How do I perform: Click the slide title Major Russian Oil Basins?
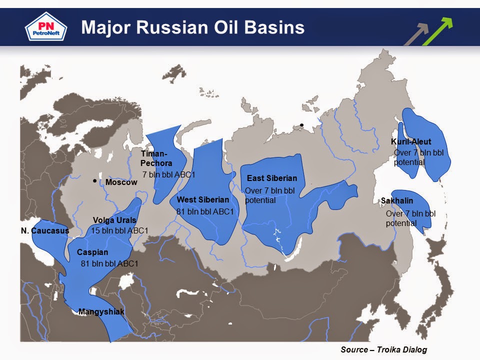[x=192, y=27]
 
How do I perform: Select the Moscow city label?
[x=121, y=182]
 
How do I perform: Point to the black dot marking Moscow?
[x=94, y=181]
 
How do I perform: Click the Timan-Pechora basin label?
[x=156, y=158]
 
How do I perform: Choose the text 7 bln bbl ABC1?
[x=168, y=174]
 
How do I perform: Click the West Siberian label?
[x=202, y=200]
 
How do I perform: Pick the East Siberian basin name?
[x=272, y=178]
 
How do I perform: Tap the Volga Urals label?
[x=114, y=220]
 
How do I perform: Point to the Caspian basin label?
[x=92, y=252]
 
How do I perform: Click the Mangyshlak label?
[x=101, y=312]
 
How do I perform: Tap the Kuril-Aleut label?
[x=410, y=142]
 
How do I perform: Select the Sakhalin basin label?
[x=397, y=200]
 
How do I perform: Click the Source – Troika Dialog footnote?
[x=383, y=349]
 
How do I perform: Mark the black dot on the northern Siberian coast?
[x=301, y=125]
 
